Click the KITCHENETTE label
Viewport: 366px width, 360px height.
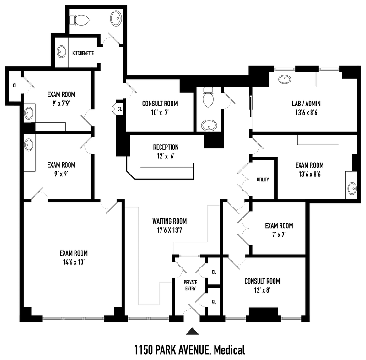pos(83,53)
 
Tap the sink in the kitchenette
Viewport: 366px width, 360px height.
pos(61,51)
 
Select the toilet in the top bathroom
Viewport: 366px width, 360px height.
pos(80,20)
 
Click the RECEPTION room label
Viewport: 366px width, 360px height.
pos(166,147)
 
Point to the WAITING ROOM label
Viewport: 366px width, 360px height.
pos(170,221)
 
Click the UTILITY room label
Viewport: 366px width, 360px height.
pos(263,180)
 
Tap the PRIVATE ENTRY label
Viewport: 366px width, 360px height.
pos(190,285)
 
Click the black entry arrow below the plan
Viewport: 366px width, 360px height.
pos(193,332)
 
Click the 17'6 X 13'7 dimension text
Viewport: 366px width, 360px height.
pos(170,230)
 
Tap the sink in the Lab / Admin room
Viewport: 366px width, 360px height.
pos(285,79)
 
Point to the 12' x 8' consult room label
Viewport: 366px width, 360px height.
pos(262,290)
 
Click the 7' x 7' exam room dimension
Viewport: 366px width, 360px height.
pos(279,235)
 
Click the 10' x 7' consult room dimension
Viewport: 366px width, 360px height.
pos(160,113)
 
